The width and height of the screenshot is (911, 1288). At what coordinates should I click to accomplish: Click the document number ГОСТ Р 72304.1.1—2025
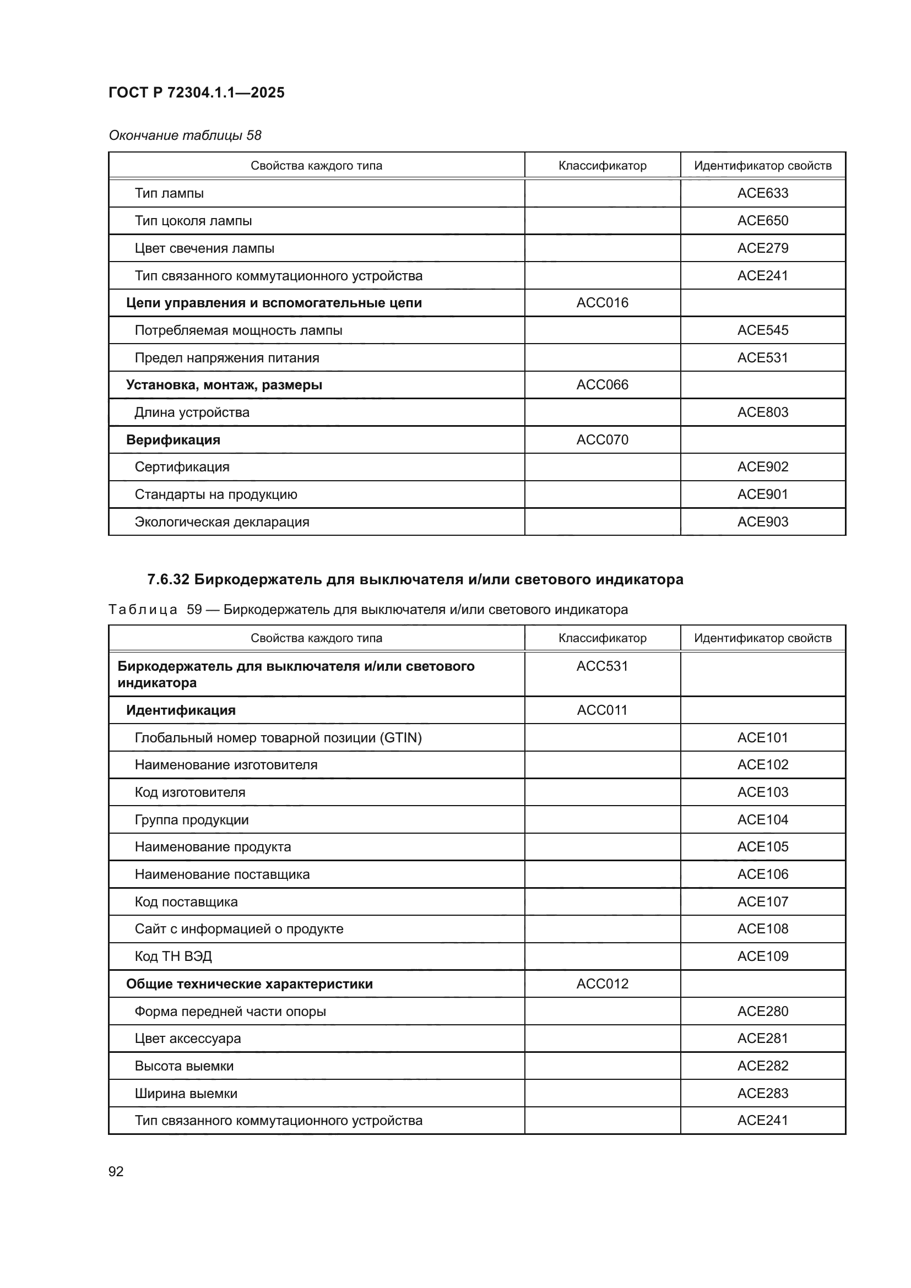(196, 93)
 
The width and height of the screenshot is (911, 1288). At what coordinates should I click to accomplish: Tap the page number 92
(116, 1171)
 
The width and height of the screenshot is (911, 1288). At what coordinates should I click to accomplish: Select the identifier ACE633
(762, 193)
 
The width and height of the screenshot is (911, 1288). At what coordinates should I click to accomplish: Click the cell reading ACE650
(762, 220)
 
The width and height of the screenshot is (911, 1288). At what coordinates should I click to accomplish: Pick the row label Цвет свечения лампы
(204, 248)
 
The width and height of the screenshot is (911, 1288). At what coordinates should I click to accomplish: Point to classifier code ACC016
(602, 303)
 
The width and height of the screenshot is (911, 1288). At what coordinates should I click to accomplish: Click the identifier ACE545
(762, 330)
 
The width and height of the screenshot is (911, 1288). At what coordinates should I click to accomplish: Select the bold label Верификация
(173, 440)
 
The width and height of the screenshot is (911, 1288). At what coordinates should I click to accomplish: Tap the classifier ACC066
(602, 385)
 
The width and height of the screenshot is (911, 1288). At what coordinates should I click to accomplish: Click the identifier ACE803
(762, 412)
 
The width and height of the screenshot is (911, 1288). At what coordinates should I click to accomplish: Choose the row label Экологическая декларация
(221, 521)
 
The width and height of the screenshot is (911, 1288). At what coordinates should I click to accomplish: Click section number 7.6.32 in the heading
(168, 579)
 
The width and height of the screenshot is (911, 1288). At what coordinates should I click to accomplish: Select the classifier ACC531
(602, 666)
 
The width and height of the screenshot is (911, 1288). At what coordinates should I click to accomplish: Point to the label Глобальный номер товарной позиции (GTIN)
(278, 738)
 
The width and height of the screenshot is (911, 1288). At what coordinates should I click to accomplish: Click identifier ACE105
(762, 847)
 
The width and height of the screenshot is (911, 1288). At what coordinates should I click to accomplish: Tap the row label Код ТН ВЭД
(173, 957)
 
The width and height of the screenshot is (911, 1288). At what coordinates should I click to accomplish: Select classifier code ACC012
(602, 984)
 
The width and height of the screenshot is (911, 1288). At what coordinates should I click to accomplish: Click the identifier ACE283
(762, 1094)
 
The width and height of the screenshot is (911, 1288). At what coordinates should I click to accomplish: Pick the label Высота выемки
(184, 1066)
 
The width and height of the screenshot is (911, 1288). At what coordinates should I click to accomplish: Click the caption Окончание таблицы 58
(185, 136)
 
